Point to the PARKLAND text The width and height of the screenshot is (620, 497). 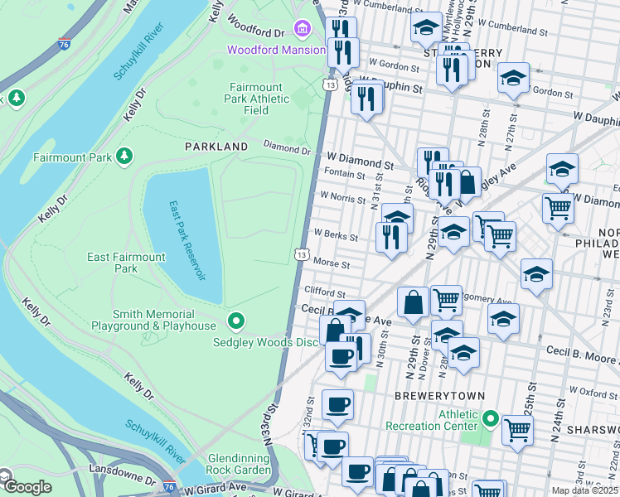pyautogui.click(x=216, y=147)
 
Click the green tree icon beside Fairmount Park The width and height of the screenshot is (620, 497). pyautogui.click(x=124, y=156)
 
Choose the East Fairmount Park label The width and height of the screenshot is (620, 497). pyautogui.click(x=126, y=263)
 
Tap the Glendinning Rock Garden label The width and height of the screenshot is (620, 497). pyautogui.click(x=240, y=464)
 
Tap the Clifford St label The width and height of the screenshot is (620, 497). pyautogui.click(x=324, y=292)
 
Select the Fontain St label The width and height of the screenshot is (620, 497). pyautogui.click(x=346, y=175)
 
